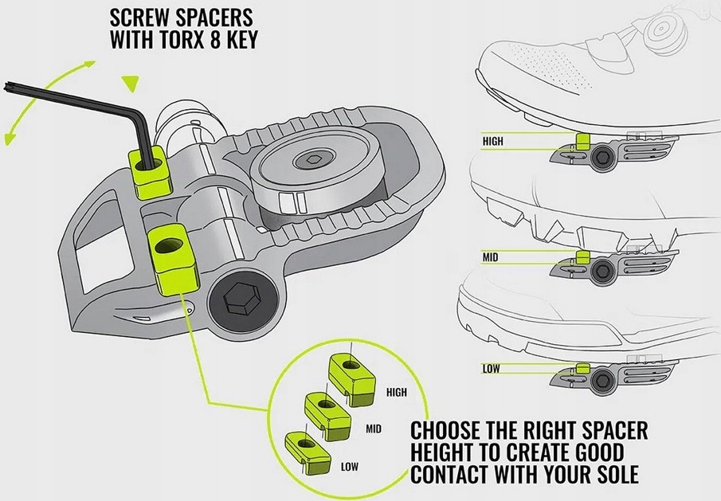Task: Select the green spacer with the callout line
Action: click(x=170, y=258)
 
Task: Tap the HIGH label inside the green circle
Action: click(x=396, y=392)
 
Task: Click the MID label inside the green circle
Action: click(x=374, y=429)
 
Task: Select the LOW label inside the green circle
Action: click(x=349, y=467)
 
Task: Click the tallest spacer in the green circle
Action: click(x=352, y=373)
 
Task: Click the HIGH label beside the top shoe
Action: click(x=493, y=141)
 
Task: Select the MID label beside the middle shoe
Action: click(x=491, y=256)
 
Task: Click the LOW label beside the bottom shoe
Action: click(x=492, y=368)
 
